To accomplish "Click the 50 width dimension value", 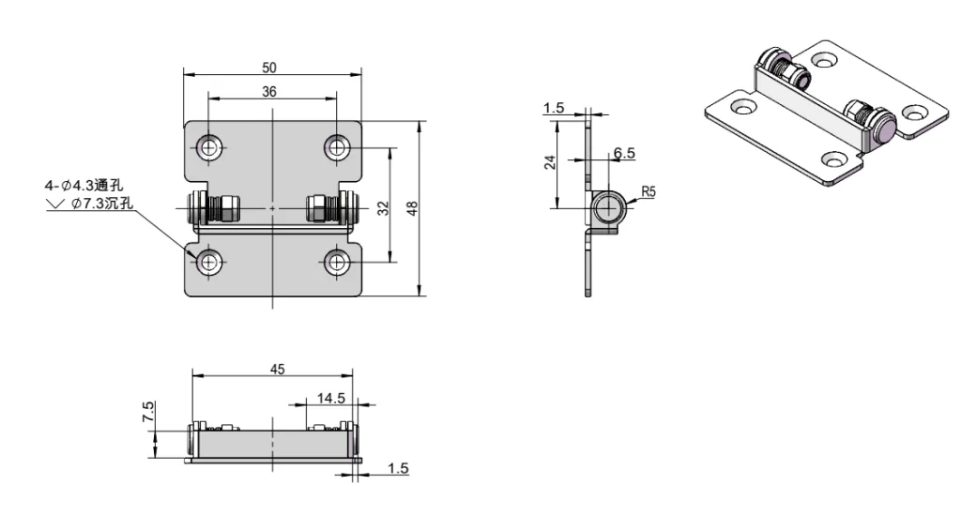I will tap(270, 68).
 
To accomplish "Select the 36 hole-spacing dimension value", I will tap(270, 91).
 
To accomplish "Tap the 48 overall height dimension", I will tap(409, 208).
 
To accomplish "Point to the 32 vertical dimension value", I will tap(383, 207).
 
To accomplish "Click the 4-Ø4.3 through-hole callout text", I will tap(70, 186).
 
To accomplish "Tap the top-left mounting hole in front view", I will tap(208, 146).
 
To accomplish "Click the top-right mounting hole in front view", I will tap(337, 146).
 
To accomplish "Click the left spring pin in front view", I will tap(215, 207).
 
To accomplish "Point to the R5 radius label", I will tap(648, 192).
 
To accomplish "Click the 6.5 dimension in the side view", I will tap(623, 153).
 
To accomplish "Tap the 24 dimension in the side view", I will tap(551, 162).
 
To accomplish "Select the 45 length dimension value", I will tap(277, 369).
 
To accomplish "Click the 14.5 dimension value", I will tap(329, 398).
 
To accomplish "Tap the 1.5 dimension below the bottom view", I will tap(398, 467).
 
